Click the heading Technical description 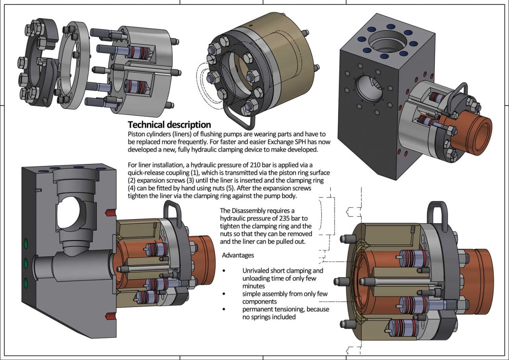[169, 125]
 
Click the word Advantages [238, 255]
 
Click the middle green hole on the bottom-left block [26, 263]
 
